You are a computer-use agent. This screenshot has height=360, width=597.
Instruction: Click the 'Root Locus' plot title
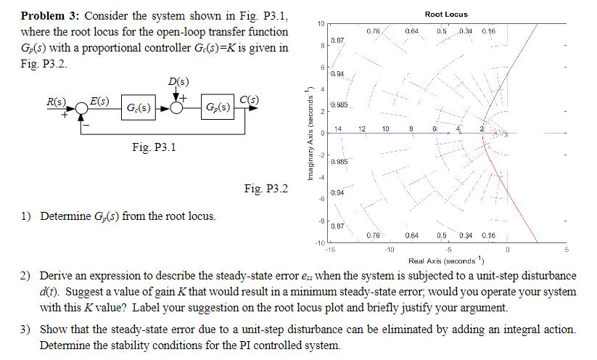click(446, 15)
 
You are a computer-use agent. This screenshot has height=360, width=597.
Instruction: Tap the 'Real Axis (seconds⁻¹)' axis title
click(445, 260)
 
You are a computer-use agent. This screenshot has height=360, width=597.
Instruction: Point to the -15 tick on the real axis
click(330, 250)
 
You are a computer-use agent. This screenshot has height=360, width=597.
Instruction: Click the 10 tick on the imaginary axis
click(320, 24)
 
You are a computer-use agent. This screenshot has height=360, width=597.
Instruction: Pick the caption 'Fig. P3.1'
click(155, 147)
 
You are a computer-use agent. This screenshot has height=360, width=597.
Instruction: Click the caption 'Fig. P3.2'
click(266, 189)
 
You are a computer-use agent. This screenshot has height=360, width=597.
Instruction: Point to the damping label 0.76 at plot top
click(374, 30)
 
